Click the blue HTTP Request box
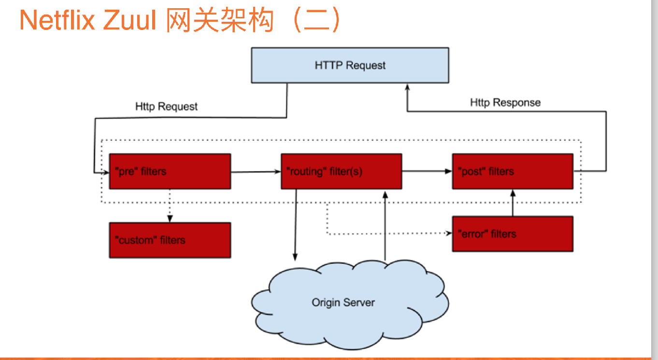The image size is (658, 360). (x=350, y=65)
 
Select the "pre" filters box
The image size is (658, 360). (x=170, y=171)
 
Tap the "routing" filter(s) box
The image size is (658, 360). (x=341, y=171)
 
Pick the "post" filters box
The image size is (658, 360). (x=512, y=171)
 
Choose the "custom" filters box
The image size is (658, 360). (x=170, y=240)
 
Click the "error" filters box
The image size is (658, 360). (x=512, y=234)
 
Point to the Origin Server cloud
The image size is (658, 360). (x=343, y=302)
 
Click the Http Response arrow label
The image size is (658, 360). (x=505, y=102)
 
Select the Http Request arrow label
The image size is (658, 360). (x=166, y=107)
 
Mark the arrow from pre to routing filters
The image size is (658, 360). (x=256, y=171)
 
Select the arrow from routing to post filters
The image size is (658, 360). (x=427, y=171)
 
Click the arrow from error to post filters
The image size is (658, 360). (x=513, y=203)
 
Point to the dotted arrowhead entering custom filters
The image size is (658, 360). (x=170, y=219)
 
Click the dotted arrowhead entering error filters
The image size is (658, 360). (x=448, y=233)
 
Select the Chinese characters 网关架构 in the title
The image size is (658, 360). (x=219, y=21)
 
